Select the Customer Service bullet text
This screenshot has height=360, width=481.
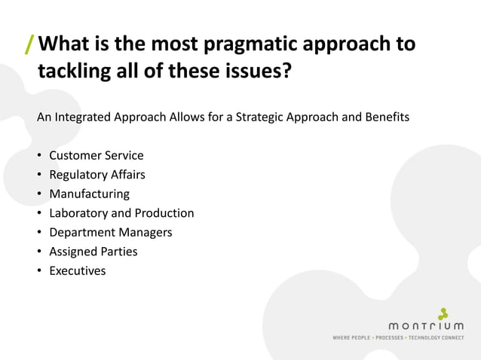tap(96, 156)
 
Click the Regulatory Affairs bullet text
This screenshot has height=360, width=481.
tap(97, 175)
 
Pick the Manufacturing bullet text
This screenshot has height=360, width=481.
tap(89, 194)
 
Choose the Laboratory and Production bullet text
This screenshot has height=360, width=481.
tap(121, 213)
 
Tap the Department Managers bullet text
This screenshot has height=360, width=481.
tap(110, 232)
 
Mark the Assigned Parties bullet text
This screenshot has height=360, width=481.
tap(93, 252)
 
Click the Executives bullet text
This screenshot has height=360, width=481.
tap(77, 270)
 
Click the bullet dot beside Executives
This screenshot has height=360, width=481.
tap(39, 270)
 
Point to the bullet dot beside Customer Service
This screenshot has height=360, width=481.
tap(39, 156)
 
